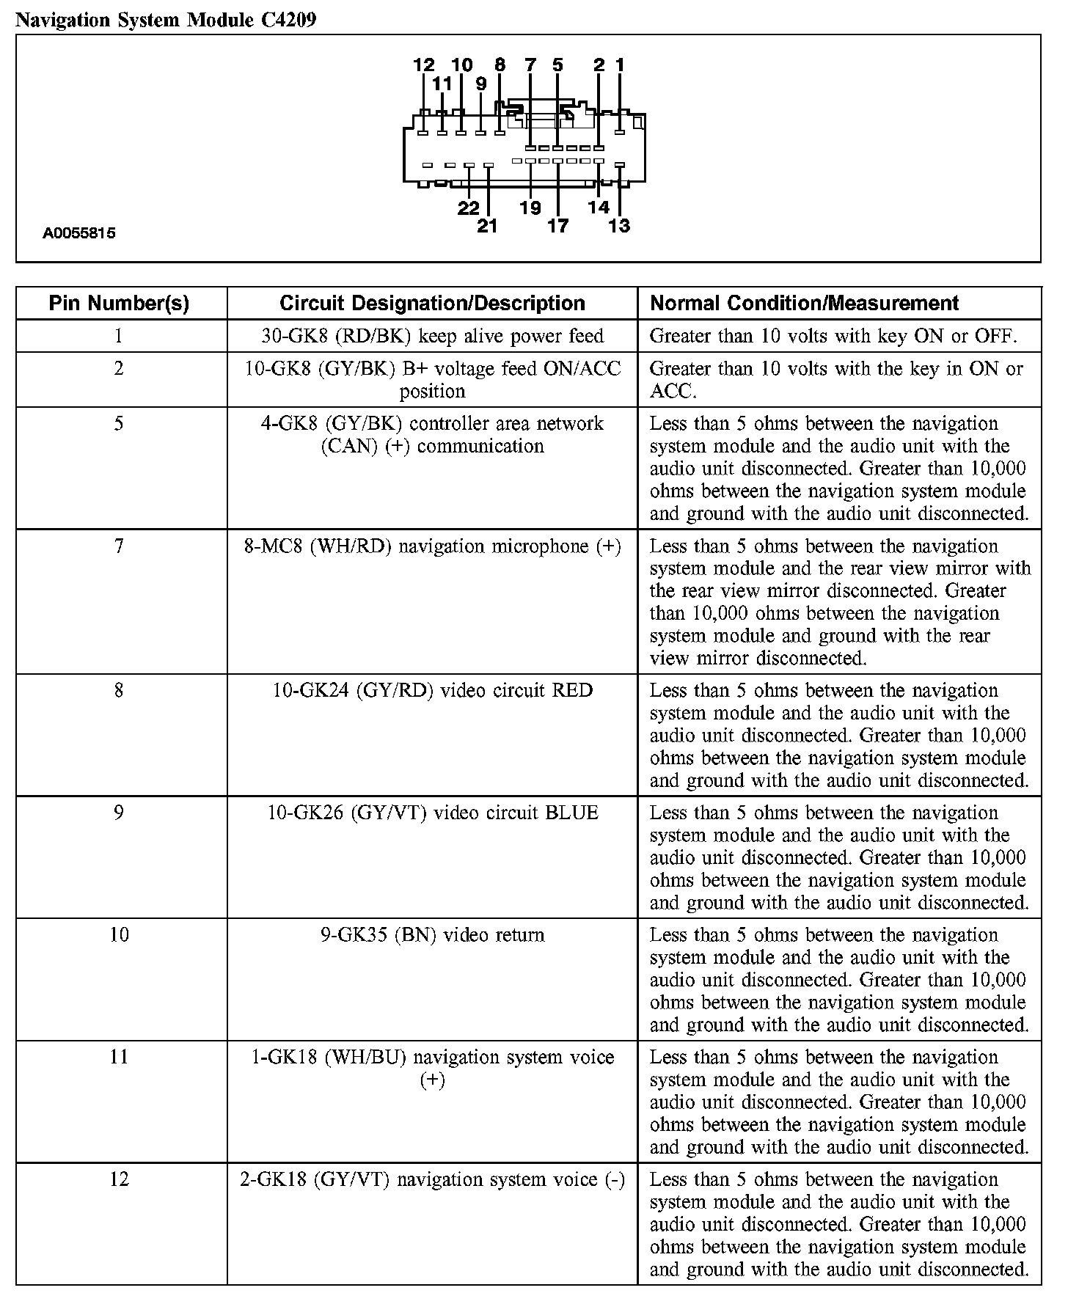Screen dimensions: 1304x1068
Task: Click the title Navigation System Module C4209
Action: click(166, 20)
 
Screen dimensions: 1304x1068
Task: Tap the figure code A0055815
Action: click(79, 234)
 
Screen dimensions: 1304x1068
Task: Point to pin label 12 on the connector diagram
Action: click(424, 65)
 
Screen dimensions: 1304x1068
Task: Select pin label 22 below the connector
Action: click(468, 208)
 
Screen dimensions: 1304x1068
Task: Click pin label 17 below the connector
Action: click(557, 226)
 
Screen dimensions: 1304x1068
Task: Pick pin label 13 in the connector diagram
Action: click(619, 226)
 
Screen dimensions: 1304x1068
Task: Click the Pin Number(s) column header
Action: click(119, 304)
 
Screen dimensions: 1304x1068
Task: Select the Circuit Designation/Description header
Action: click(432, 304)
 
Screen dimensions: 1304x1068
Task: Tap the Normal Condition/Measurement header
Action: click(805, 304)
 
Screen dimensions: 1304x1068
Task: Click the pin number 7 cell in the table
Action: click(119, 546)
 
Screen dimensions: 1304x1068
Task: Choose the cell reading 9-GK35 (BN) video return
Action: click(432, 935)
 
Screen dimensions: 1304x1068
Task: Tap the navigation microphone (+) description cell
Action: click(432, 546)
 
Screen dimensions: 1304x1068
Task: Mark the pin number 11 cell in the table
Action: click(119, 1057)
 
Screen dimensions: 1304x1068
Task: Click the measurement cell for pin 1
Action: click(833, 336)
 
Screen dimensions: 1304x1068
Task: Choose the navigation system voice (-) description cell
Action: click(432, 1179)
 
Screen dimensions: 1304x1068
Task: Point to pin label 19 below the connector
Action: click(530, 208)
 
